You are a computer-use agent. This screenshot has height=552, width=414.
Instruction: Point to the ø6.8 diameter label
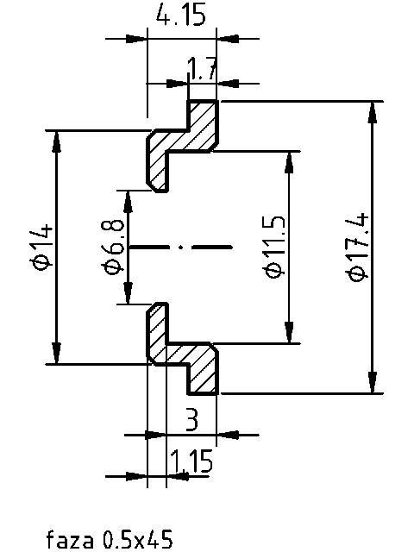[114, 247]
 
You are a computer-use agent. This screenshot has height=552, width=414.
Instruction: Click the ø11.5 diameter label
[273, 247]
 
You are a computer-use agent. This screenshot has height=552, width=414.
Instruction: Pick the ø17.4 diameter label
[358, 247]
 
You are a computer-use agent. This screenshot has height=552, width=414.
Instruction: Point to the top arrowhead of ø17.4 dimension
[373, 110]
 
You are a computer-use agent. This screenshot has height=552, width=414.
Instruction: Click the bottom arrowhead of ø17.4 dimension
[373, 384]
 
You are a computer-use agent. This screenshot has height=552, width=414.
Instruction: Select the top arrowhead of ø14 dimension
[57, 141]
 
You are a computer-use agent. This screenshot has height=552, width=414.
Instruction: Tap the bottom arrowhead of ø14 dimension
[57, 354]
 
